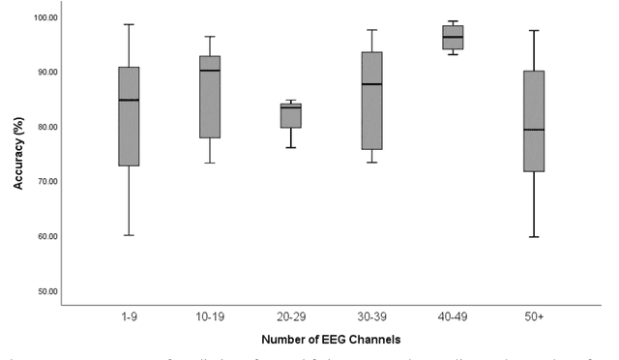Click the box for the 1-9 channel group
(x=129, y=116)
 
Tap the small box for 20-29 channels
(x=290, y=115)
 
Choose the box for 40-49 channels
(x=453, y=37)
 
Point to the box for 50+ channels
(x=533, y=121)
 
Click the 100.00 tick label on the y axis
(x=44, y=17)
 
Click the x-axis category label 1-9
(x=129, y=315)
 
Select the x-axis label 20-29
(x=290, y=315)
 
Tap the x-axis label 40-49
(x=453, y=315)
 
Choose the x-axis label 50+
(x=533, y=315)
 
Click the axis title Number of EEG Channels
(x=330, y=340)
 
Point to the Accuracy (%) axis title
(x=18, y=154)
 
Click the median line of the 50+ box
(x=533, y=130)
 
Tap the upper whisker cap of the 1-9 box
(x=129, y=24)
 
